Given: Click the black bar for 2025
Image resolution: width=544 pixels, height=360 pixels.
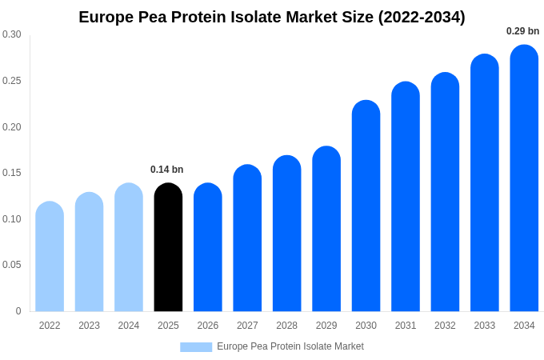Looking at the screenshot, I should click(x=168, y=248).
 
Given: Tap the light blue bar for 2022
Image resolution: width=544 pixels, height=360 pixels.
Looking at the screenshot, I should click(x=50, y=257).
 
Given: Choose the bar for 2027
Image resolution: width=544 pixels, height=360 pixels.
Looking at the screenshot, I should click(x=247, y=238).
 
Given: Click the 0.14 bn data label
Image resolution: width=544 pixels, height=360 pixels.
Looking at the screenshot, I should click(x=167, y=170).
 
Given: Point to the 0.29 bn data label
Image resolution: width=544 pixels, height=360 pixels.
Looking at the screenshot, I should click(x=522, y=31).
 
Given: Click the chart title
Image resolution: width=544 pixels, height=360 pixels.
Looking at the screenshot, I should click(x=272, y=17).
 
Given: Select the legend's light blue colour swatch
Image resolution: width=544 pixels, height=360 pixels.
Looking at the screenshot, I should click(x=196, y=347).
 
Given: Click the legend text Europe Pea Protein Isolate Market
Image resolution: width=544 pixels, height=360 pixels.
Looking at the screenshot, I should click(x=290, y=346).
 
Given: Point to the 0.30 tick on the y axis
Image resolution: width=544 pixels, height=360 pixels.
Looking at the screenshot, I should click(x=12, y=34).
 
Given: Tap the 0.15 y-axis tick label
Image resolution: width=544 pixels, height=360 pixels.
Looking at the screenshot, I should click(x=12, y=173).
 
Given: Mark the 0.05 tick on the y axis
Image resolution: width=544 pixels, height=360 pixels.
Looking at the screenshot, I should click(x=12, y=265).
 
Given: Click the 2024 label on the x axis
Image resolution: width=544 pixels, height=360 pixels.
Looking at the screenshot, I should click(x=129, y=326).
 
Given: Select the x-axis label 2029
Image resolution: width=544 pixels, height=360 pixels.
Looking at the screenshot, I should click(x=326, y=326).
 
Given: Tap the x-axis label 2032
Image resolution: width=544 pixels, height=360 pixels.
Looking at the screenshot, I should click(x=445, y=326).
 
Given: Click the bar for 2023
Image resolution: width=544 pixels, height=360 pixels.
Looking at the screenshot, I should click(x=89, y=252).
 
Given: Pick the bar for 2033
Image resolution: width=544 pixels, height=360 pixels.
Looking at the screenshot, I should click(x=485, y=183).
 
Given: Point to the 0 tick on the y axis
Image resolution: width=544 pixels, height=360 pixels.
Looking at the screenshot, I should click(x=18, y=311).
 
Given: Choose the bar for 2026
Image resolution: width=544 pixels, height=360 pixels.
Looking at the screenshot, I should click(x=208, y=248).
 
